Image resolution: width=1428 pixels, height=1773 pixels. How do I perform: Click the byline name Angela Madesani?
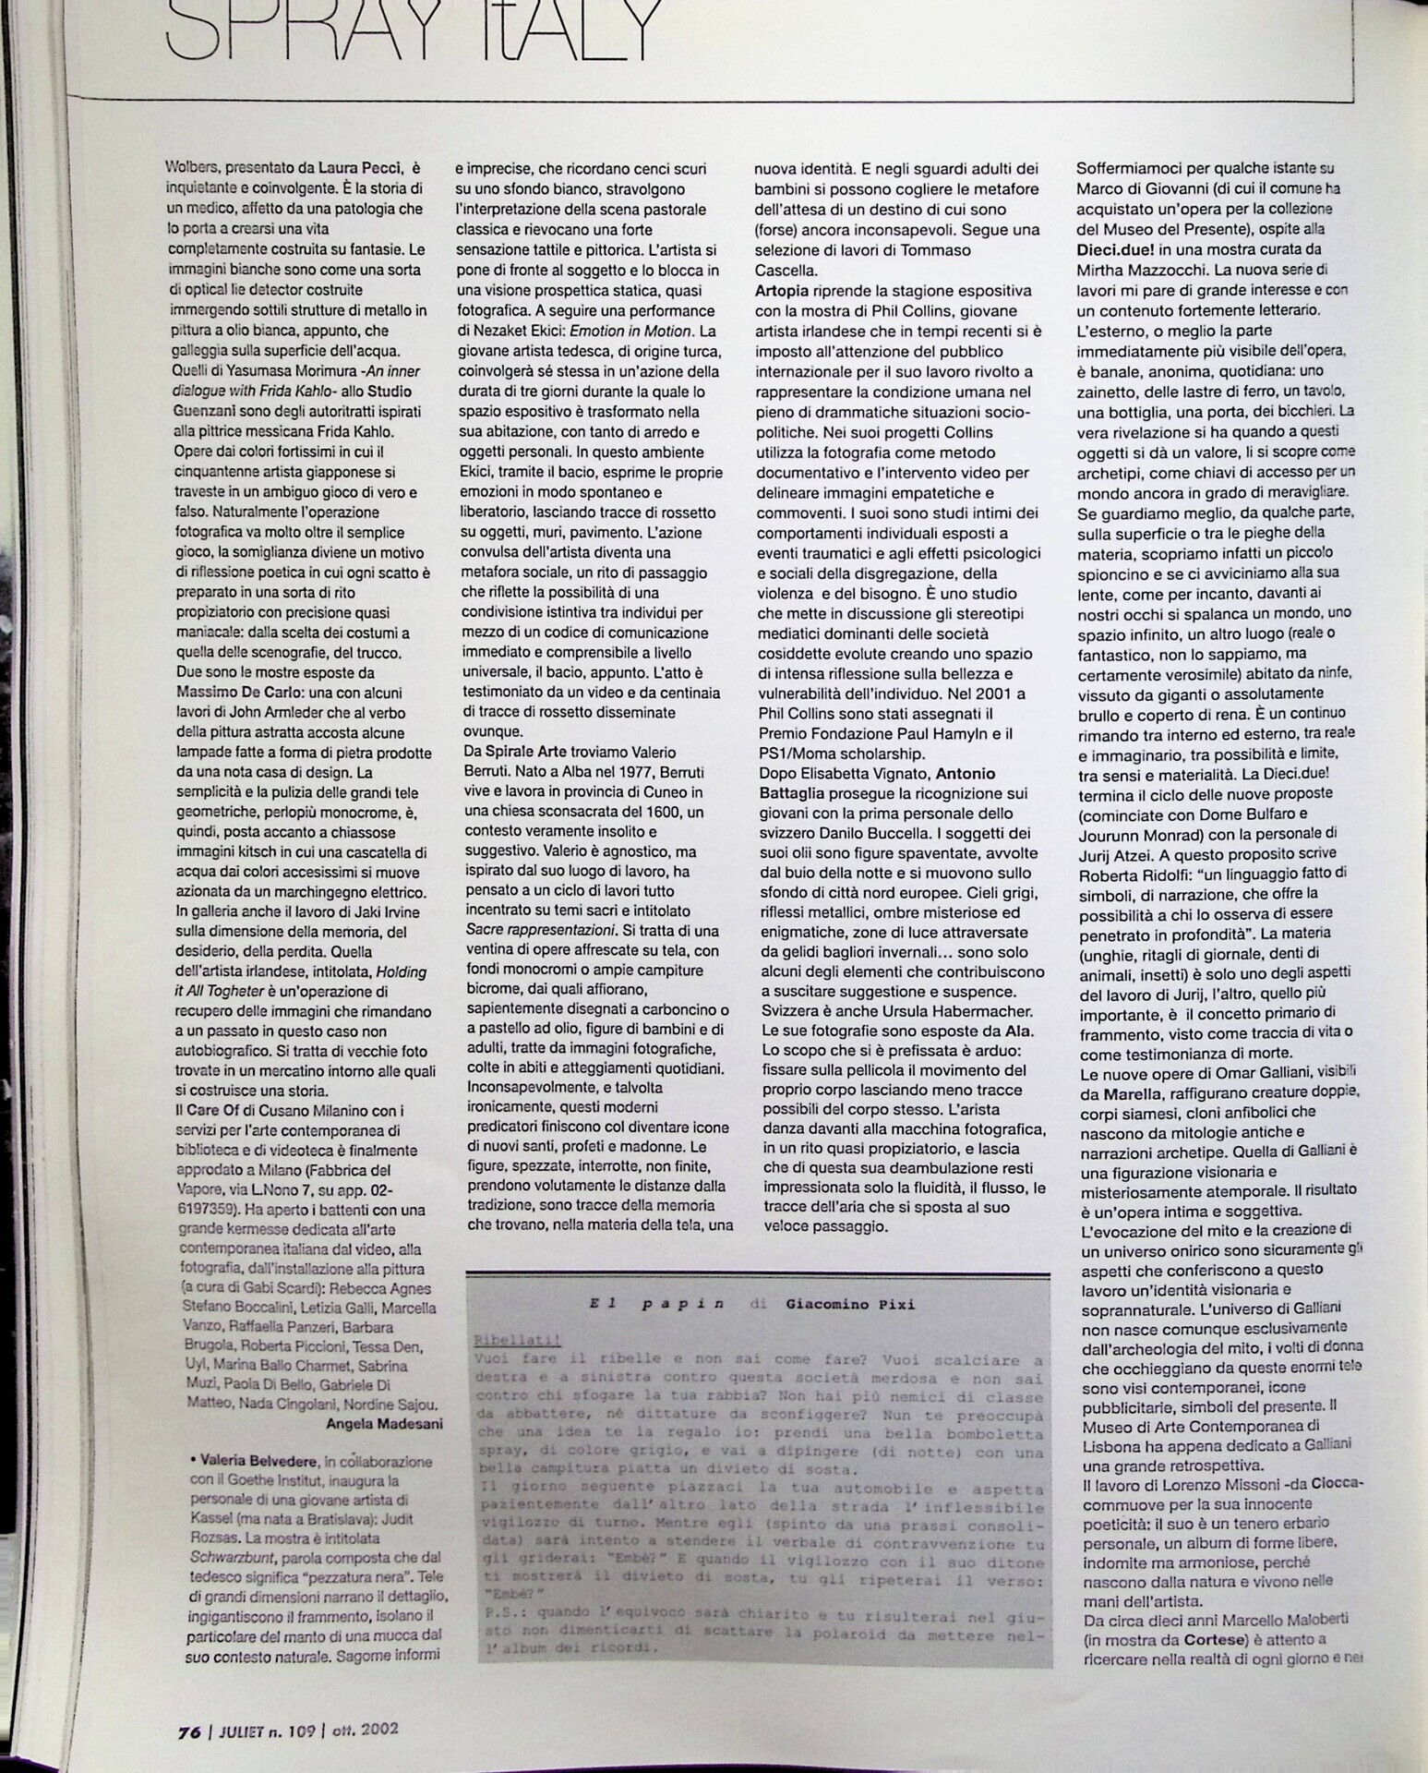coord(384,1424)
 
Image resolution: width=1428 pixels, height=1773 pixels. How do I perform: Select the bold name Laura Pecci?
coord(361,168)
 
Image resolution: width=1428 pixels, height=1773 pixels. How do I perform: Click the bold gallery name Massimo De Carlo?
coord(235,693)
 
